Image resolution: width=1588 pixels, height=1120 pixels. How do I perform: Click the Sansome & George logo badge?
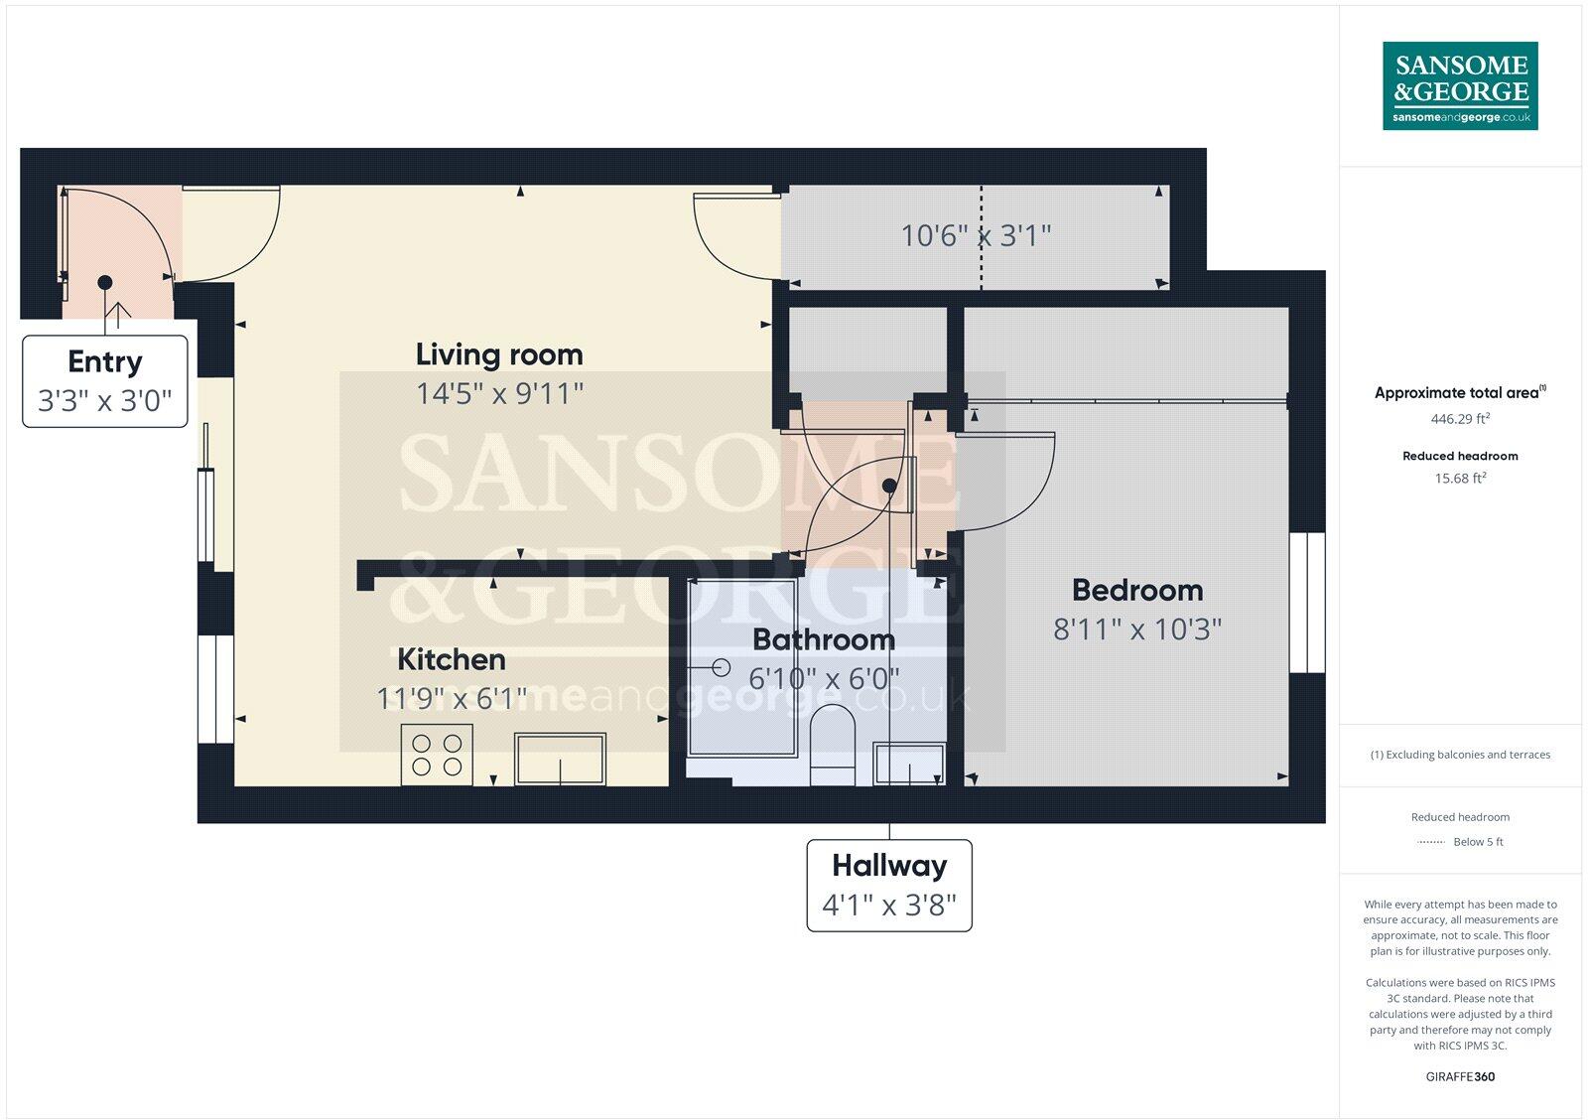(1460, 85)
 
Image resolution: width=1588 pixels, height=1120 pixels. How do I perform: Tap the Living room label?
(499, 354)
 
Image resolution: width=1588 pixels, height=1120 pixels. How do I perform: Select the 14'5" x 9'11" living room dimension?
(499, 394)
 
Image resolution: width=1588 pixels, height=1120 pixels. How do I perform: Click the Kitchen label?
(452, 659)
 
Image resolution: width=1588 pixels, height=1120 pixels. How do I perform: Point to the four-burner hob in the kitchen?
(437, 755)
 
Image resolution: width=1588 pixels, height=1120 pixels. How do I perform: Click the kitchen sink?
(560, 760)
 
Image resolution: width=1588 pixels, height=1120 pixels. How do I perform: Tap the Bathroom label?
(824, 639)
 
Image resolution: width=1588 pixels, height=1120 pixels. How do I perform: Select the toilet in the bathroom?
(832, 745)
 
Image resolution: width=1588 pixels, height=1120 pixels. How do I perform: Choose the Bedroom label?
(1137, 590)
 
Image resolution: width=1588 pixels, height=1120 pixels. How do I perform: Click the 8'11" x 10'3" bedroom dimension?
(1137, 630)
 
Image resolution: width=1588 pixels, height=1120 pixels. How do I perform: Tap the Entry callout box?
(105, 381)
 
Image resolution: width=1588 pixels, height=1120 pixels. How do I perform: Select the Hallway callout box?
(889, 886)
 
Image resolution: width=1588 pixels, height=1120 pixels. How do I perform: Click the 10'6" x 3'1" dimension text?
(976, 236)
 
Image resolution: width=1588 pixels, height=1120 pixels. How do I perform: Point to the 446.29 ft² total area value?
(1460, 419)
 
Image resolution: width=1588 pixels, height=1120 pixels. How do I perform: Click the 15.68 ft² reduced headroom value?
(1460, 479)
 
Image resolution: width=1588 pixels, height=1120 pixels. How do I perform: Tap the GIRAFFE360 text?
(1460, 1076)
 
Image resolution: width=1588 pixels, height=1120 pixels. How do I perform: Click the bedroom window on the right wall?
(1307, 603)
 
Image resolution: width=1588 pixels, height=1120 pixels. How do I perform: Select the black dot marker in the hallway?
(889, 487)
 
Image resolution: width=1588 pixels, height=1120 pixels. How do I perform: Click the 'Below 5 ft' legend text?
(1478, 842)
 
